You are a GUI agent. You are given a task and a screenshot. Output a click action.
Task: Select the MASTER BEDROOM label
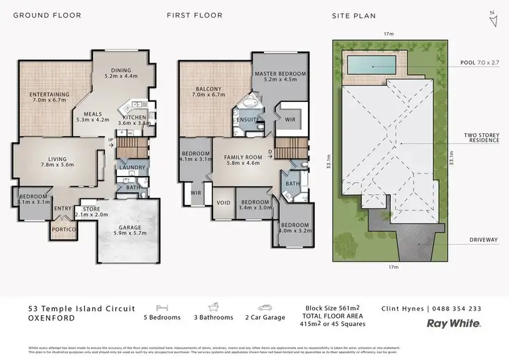click(280, 77)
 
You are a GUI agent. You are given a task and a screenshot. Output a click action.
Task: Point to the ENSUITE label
click(246, 120)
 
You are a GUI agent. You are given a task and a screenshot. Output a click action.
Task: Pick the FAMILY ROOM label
click(242, 160)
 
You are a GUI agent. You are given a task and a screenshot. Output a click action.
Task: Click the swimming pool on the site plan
click(372, 66)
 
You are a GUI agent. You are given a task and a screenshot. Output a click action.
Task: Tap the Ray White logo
click(454, 325)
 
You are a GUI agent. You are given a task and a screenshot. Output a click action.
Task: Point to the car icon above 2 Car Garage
click(265, 307)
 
